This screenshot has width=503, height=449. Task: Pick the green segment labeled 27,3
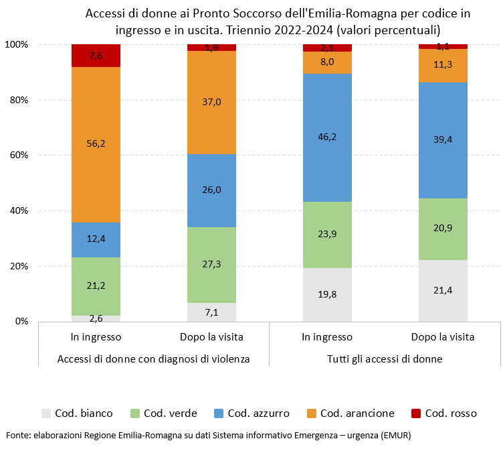click(211, 265)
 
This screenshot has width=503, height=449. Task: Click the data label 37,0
click(211, 102)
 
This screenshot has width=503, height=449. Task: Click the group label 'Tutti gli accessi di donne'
click(385, 359)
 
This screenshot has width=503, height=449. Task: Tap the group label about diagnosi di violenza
click(154, 359)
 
